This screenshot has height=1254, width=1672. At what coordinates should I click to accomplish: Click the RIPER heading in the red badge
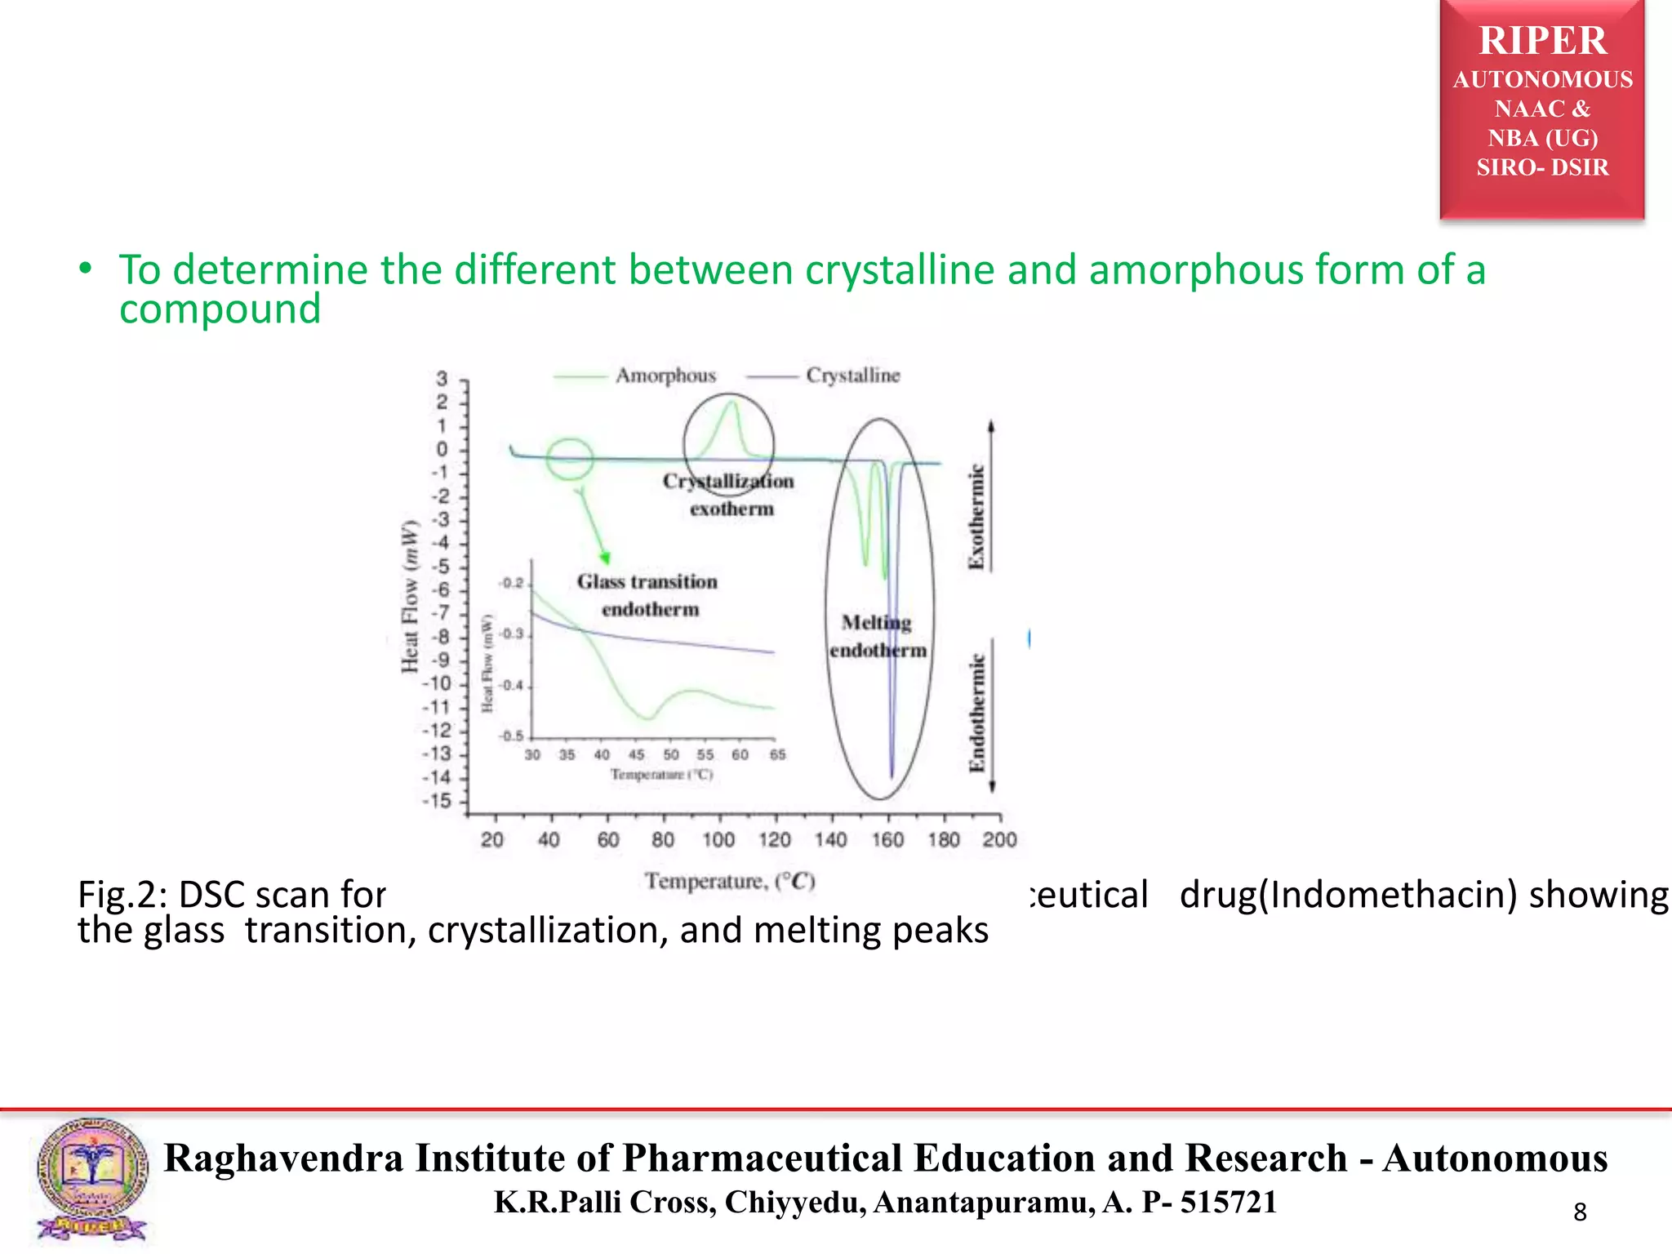pyautogui.click(x=1542, y=41)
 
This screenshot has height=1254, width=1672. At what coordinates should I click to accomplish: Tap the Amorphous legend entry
pyautogui.click(x=665, y=376)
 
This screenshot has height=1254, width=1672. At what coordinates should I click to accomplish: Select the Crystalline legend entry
pyautogui.click(x=852, y=376)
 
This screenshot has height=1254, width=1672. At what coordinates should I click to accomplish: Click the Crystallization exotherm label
pyautogui.click(x=729, y=495)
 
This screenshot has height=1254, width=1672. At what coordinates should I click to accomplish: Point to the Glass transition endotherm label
pyautogui.click(x=647, y=595)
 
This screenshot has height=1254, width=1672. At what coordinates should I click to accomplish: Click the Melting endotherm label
pyautogui.click(x=878, y=636)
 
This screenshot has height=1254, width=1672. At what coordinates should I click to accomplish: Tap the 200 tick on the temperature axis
pyautogui.click(x=999, y=839)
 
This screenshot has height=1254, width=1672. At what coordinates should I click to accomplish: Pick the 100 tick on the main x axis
pyautogui.click(x=718, y=839)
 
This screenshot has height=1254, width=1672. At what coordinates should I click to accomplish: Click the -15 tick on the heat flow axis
pyautogui.click(x=438, y=801)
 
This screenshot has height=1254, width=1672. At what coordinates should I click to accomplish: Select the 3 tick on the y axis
pyautogui.click(x=442, y=379)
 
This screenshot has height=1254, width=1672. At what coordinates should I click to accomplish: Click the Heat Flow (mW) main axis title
pyautogui.click(x=410, y=596)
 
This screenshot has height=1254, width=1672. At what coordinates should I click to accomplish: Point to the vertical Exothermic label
pyautogui.click(x=976, y=518)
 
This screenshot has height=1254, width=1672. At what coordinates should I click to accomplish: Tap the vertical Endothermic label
pyautogui.click(x=976, y=712)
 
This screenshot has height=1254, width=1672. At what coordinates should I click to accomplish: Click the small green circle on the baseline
pyautogui.click(x=569, y=459)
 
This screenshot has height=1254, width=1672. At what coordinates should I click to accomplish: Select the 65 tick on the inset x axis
pyautogui.click(x=777, y=754)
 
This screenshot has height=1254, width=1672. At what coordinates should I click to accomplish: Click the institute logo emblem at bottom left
pyautogui.click(x=92, y=1180)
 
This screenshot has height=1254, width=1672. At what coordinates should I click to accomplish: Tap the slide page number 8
pyautogui.click(x=1580, y=1212)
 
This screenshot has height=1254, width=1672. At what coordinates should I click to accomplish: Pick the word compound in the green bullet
pyautogui.click(x=220, y=309)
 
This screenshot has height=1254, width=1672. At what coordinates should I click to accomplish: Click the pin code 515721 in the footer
pyautogui.click(x=1228, y=1203)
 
